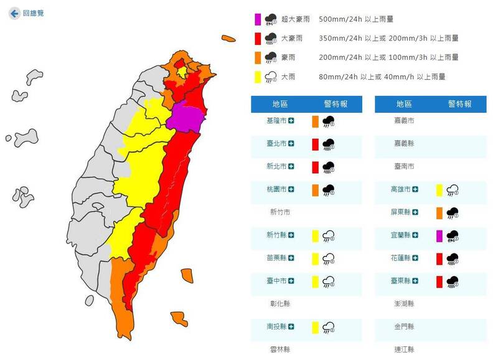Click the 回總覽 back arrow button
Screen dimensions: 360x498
[x=14, y=12]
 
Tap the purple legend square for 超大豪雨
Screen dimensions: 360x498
[x=256, y=20]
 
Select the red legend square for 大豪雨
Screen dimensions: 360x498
[x=256, y=39]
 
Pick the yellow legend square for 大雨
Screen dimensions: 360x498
[x=256, y=77]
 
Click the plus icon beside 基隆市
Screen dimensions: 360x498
[x=291, y=121]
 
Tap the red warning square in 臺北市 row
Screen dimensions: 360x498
[x=316, y=144]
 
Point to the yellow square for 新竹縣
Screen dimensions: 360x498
[x=316, y=235]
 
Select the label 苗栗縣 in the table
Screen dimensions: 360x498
[x=275, y=258]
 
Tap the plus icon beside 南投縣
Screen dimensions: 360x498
[x=291, y=326]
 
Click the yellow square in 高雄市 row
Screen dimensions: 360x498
[x=439, y=189]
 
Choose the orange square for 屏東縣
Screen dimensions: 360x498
[x=439, y=212]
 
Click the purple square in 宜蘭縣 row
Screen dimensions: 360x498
[x=439, y=235]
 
